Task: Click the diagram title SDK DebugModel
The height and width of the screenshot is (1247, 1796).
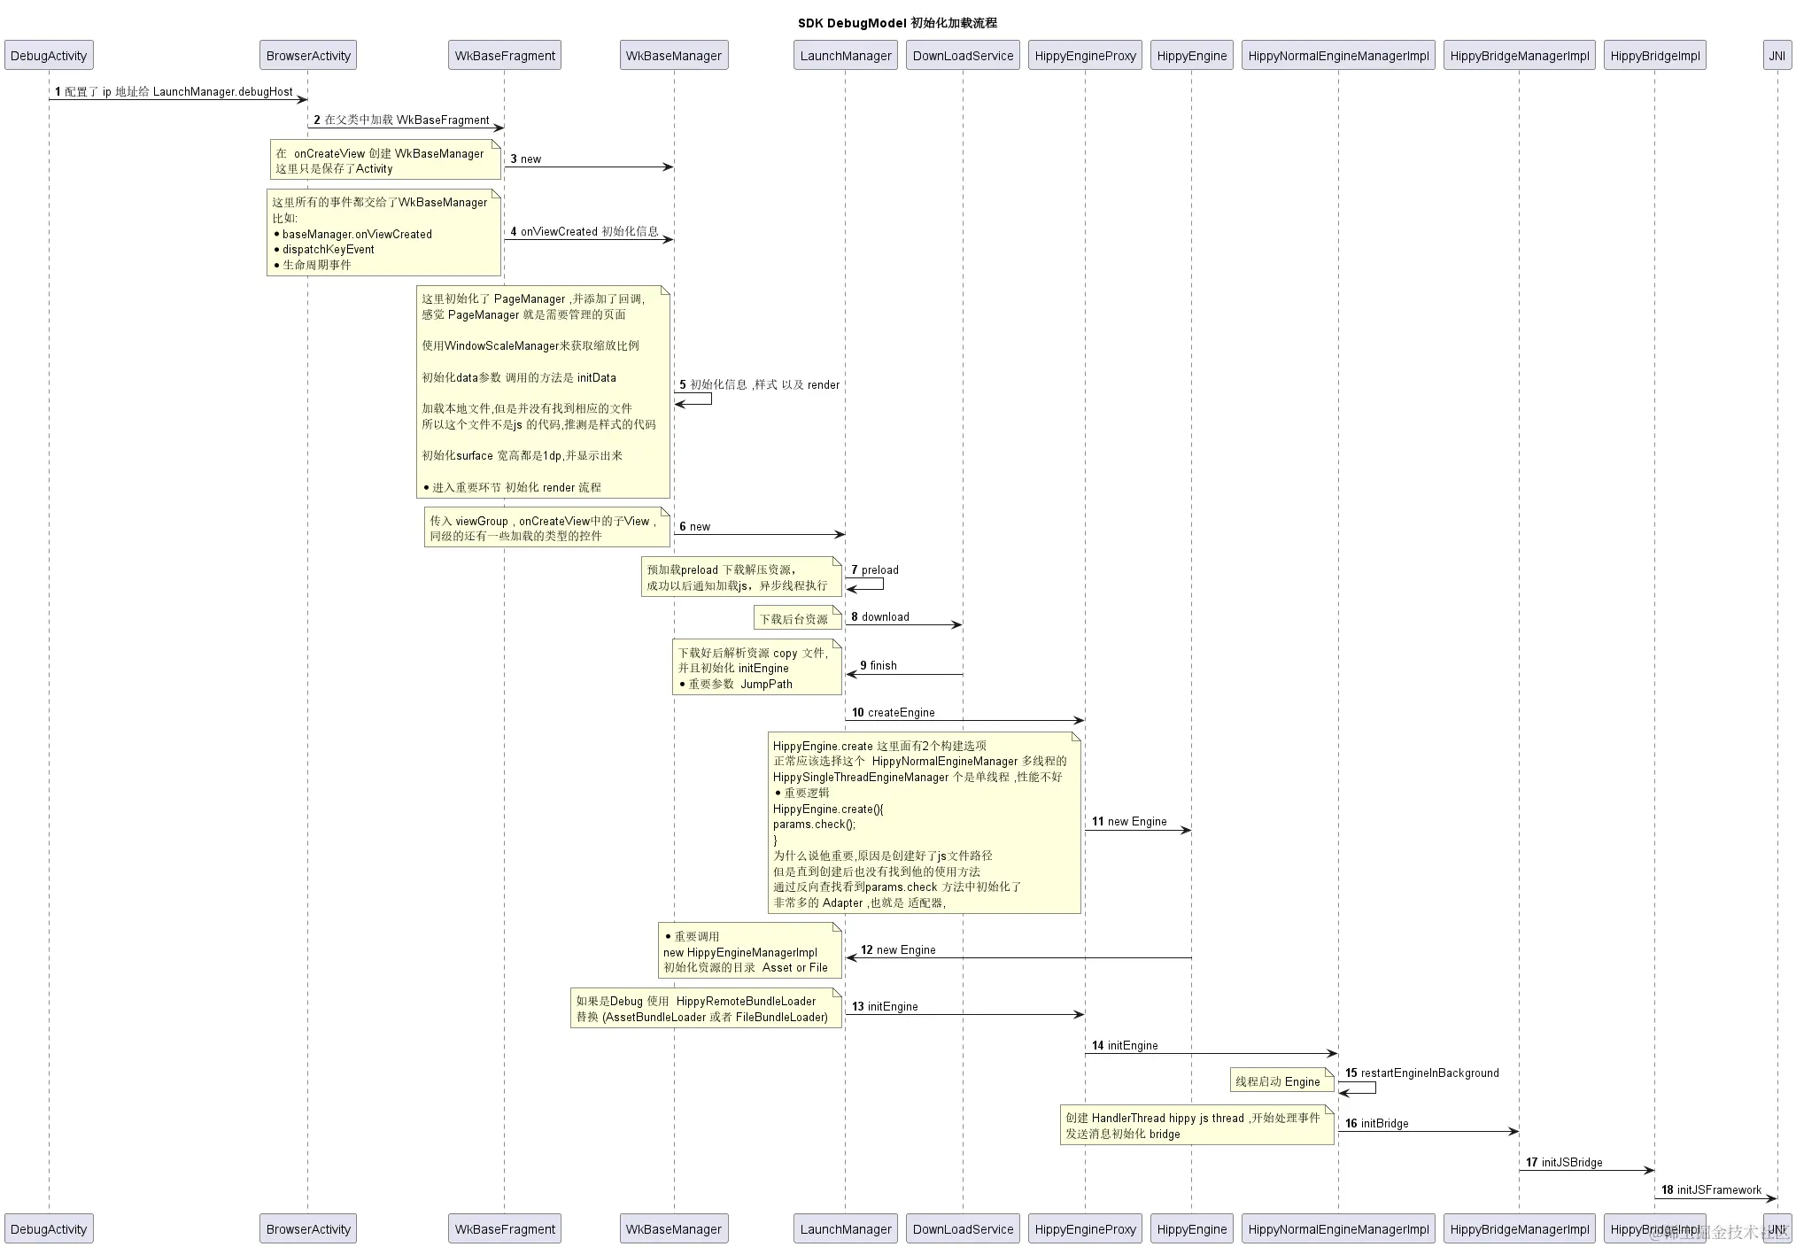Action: coord(896,23)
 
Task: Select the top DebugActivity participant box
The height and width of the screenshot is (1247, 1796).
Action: coord(49,56)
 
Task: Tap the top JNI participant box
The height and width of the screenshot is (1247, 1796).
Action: coord(1777,56)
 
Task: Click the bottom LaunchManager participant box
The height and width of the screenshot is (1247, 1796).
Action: coord(845,1228)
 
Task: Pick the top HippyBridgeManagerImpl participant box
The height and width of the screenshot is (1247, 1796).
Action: coord(1519,56)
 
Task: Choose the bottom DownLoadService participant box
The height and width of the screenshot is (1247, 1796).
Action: coord(963,1228)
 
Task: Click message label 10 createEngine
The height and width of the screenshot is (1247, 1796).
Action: coord(893,712)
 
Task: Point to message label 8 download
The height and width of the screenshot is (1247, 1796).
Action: coord(880,616)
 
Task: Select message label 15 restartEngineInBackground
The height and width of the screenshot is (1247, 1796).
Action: coord(1421,1073)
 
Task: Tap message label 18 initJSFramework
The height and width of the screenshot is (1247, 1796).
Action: coord(1711,1189)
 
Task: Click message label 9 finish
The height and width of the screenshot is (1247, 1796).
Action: coord(879,665)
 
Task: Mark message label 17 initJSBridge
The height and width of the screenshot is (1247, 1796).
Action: coord(1564,1162)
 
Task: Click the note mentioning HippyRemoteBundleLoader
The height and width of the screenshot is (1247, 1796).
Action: coord(705,1009)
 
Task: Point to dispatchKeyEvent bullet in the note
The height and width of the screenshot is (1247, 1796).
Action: coord(328,250)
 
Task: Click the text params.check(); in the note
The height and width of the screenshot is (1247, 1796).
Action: coord(814,825)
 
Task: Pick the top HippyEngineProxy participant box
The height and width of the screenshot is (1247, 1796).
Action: coord(1085,56)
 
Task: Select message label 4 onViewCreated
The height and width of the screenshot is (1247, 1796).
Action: coord(584,231)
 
